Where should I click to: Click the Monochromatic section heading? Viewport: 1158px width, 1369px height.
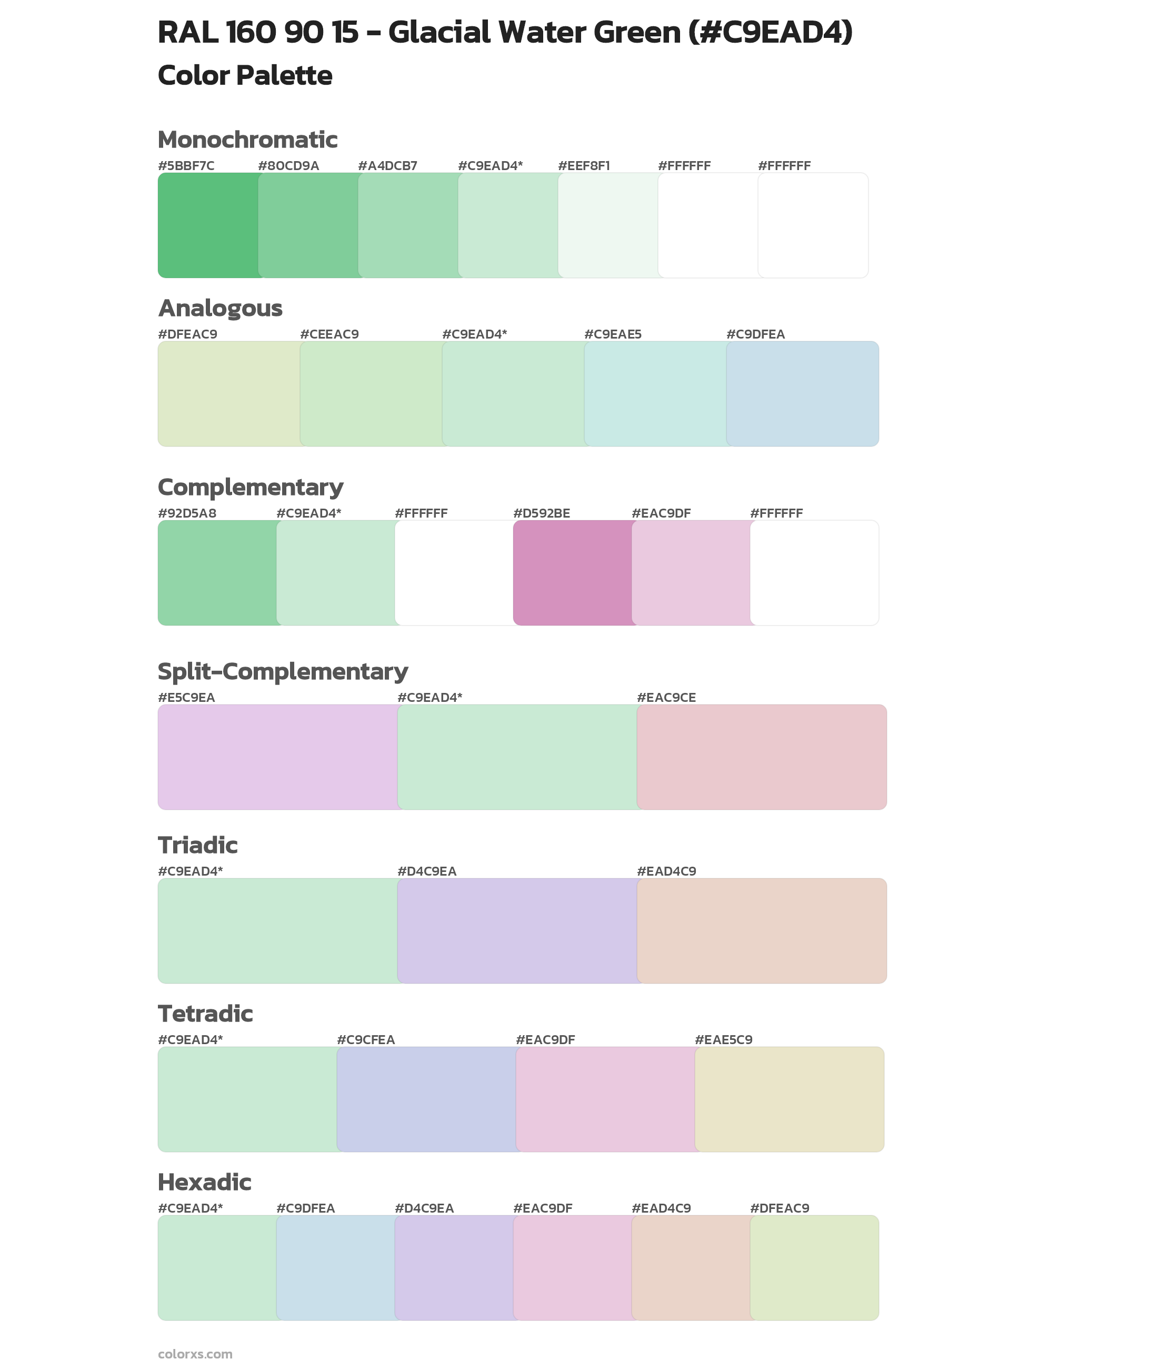247,140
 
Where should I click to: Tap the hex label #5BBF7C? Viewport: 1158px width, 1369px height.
186,166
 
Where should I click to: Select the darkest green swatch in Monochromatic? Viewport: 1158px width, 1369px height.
208,225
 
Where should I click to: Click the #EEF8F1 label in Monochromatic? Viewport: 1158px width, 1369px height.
584,166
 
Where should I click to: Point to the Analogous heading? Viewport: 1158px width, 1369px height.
220,308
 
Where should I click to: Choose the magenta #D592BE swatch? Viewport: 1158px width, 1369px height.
573,572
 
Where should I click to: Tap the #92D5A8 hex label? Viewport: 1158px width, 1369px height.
187,513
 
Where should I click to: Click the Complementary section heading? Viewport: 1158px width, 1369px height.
250,487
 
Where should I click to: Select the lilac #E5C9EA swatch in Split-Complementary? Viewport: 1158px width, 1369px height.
278,757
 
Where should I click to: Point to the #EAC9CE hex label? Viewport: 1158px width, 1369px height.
666,697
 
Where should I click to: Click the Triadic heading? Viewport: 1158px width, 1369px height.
197,845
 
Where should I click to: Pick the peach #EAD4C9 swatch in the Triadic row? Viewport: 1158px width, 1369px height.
762,931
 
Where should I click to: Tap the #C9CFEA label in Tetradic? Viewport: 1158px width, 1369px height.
366,1039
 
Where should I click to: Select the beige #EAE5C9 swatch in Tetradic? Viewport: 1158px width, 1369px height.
789,1099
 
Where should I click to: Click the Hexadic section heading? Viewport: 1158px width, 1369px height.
204,1182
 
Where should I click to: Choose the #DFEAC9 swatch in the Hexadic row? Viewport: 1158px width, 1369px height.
814,1267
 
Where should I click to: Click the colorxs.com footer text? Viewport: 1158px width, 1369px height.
195,1354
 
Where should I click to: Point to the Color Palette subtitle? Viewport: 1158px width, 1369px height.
245,75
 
